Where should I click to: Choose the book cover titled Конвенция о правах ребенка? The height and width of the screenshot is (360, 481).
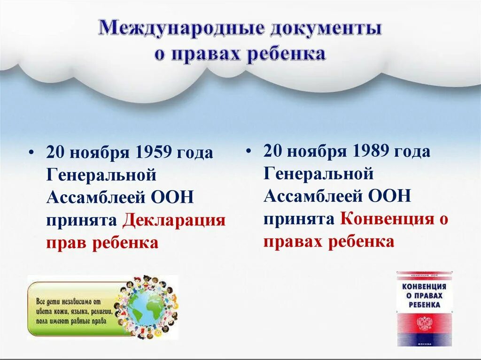pyautogui.click(x=424, y=308)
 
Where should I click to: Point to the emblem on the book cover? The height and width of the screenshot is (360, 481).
pyautogui.click(x=424, y=323)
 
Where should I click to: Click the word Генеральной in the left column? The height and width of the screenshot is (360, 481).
pyautogui.click(x=101, y=175)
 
